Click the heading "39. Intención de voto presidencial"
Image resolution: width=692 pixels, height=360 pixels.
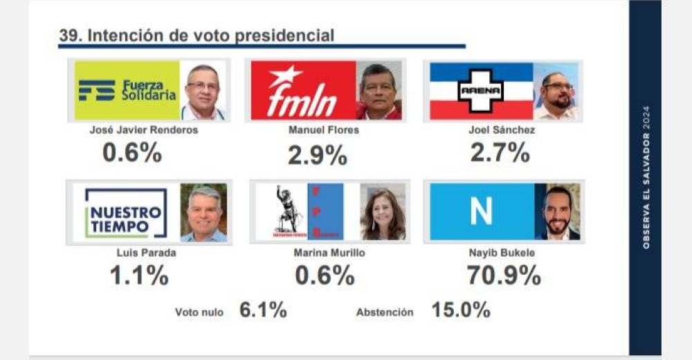(196, 36)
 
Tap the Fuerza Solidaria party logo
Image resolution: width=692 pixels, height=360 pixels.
(127, 90)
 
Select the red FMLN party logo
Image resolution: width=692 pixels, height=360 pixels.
(302, 91)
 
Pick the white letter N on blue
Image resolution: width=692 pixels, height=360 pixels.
(481, 211)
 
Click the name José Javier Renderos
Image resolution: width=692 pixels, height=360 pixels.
(144, 130)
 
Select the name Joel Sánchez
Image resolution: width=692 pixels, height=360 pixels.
(502, 130)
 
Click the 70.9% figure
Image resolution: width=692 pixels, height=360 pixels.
(503, 276)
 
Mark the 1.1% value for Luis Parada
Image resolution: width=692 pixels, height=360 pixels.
(138, 276)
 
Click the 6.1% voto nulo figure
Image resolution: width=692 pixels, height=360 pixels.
(263, 310)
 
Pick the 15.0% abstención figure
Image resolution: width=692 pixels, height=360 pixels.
(461, 309)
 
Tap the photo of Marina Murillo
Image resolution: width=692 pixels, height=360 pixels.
(383, 212)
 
